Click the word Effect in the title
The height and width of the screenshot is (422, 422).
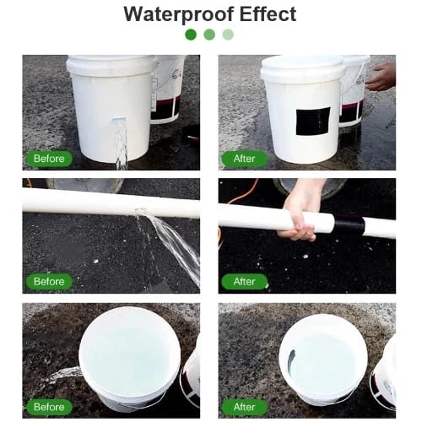tap(268, 14)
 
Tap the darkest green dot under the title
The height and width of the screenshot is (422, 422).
tap(191, 35)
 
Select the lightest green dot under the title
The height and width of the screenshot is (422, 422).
tap(228, 35)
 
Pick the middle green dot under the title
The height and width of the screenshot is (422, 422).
tap(209, 35)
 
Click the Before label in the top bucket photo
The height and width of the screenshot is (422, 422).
tap(49, 159)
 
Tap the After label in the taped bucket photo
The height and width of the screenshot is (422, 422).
tap(244, 159)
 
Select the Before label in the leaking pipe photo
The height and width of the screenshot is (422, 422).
tap(49, 282)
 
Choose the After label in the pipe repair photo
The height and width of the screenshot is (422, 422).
tap(244, 282)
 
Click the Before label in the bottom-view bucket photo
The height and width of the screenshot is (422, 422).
tap(49, 407)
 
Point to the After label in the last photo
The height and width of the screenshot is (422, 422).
tap(244, 407)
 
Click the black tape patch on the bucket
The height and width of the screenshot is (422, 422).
tap(313, 122)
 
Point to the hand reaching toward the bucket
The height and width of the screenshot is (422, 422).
tap(381, 77)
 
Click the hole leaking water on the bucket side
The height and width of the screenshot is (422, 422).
tap(119, 121)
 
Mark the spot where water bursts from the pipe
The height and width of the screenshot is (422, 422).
tap(141, 212)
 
